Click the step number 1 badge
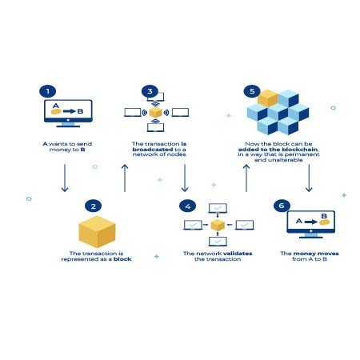pyautogui.click(x=48, y=91)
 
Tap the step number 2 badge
pyautogui.click(x=94, y=206)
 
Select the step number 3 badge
pyautogui.click(x=150, y=91)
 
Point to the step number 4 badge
pyautogui.click(x=188, y=206)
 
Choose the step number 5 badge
pyautogui.click(x=252, y=91)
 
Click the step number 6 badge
pyautogui.click(x=282, y=206)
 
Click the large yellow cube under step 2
pyautogui.click(x=97, y=231)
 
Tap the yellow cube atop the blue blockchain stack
pyautogui.click(x=268, y=98)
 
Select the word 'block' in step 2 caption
pyautogui.click(x=122, y=259)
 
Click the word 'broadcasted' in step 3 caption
pyautogui.click(x=153, y=150)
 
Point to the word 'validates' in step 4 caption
pyautogui.click(x=238, y=254)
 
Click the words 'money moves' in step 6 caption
pyautogui.click(x=316, y=254)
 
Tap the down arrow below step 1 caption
pyautogui.click(x=65, y=178)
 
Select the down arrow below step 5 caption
pyautogui.click(x=309, y=178)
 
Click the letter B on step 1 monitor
pyautogui.click(x=80, y=111)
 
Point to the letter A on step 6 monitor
pyautogui.click(x=299, y=221)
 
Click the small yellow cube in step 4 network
pyautogui.click(x=218, y=226)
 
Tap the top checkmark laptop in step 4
pyautogui.click(x=218, y=208)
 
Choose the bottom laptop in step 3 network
pyautogui.click(x=156, y=127)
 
